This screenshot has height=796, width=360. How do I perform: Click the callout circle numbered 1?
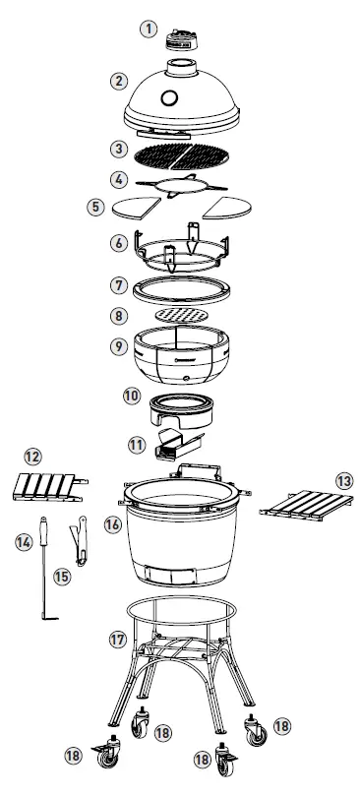point(149,29)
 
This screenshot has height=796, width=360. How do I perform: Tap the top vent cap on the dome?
point(181,39)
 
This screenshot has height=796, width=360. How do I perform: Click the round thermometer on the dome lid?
point(169,98)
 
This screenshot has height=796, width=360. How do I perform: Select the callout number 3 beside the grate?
point(119,149)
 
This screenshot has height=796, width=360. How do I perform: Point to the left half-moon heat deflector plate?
point(136,209)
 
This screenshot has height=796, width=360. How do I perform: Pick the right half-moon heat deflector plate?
point(227,208)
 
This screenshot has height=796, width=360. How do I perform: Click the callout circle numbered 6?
point(119,243)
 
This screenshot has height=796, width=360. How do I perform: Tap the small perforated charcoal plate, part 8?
point(181,315)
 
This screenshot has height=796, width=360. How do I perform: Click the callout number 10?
point(132,396)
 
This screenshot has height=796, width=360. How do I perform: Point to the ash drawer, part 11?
point(179,444)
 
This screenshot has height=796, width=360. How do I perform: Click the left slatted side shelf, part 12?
point(49,487)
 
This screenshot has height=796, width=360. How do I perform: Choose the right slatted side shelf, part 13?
point(306,505)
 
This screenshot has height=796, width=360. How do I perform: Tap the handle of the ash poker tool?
point(43,532)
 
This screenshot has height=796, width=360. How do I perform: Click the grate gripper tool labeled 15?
point(78,540)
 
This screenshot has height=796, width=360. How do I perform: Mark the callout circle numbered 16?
point(113,524)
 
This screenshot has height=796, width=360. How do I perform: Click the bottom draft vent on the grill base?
point(170,576)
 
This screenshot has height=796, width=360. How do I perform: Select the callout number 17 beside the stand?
point(118,640)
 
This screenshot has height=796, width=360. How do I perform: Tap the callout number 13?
point(343,480)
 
